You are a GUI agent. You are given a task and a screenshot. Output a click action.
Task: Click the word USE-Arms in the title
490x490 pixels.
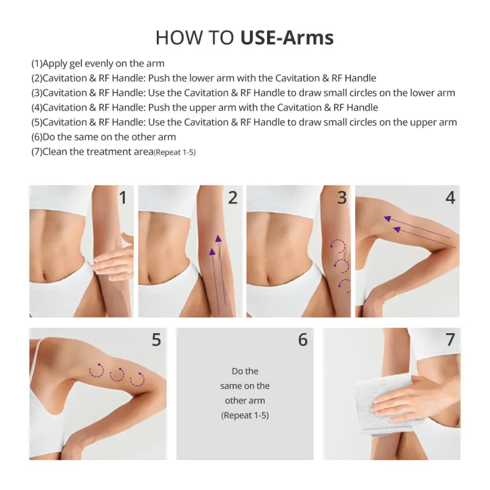tap(287, 38)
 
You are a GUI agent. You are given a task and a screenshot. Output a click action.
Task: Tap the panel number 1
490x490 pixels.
tap(123, 198)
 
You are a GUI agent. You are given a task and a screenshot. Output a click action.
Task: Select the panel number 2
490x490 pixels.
tap(232, 198)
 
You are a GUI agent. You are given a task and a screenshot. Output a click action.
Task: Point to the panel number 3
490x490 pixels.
tap(342, 198)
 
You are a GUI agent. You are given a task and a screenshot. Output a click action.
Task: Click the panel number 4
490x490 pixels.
tap(450, 198)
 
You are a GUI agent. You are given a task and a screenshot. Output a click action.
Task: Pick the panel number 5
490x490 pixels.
tap(156, 339)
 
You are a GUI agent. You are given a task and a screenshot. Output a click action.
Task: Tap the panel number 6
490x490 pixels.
tap(303, 339)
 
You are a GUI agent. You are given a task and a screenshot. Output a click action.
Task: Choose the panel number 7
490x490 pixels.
tap(450, 339)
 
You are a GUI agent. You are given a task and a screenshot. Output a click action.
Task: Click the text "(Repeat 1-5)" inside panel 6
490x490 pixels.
tap(245, 415)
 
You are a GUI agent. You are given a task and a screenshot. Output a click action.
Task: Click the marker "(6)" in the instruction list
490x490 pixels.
tap(37, 137)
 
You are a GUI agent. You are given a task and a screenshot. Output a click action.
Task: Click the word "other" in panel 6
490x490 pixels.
tap(235, 401)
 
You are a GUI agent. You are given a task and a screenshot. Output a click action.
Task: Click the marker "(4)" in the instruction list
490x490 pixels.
tap(37, 108)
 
